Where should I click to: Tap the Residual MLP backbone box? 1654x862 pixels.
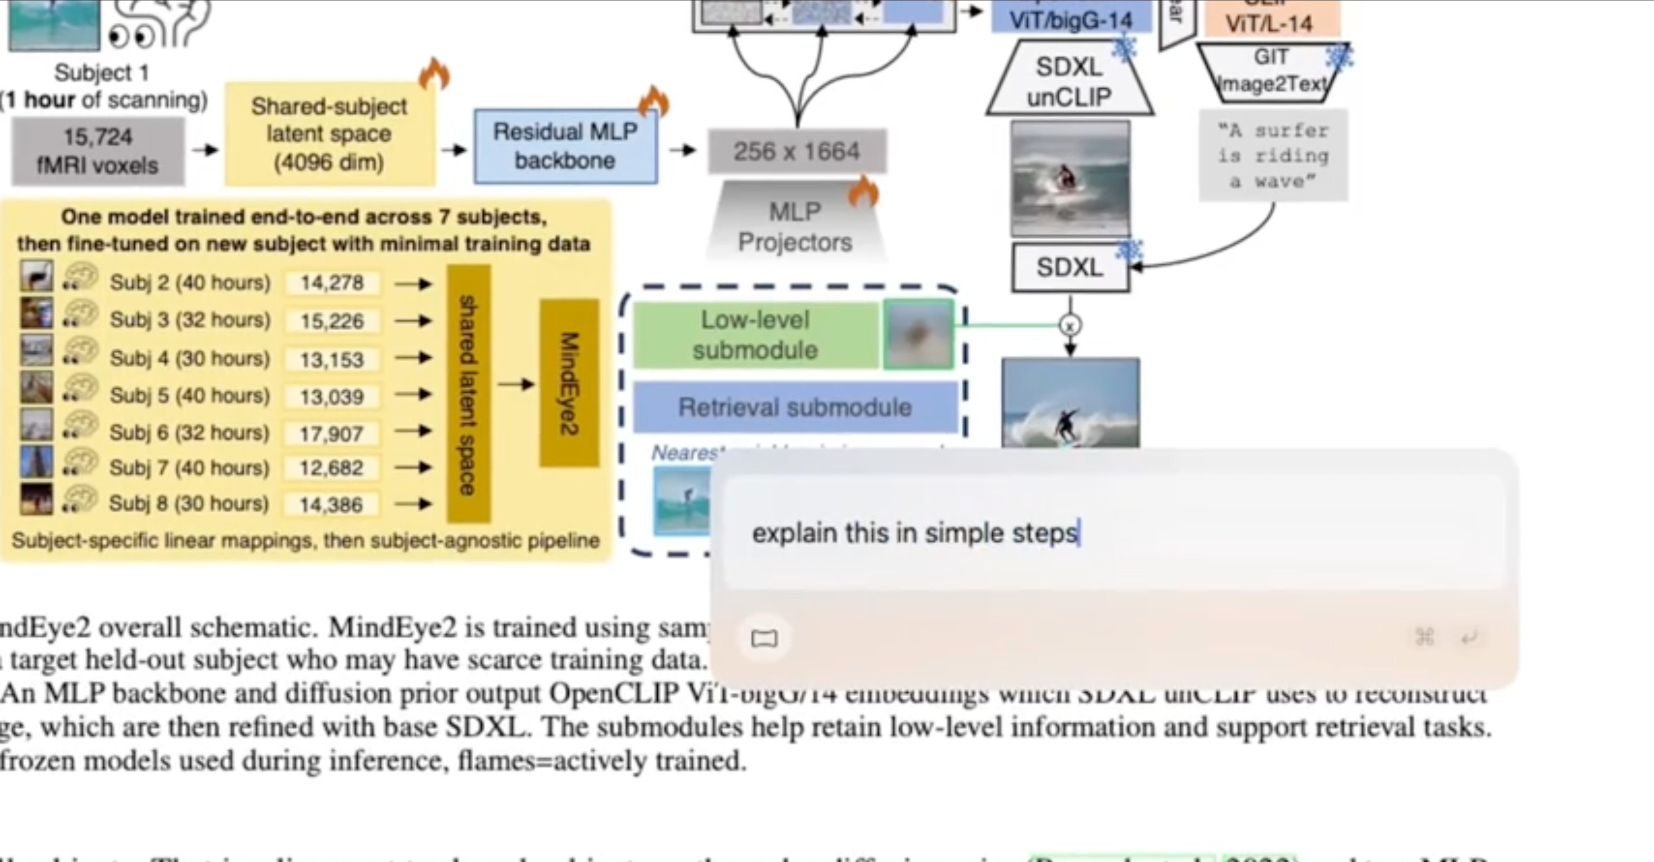pos(565,146)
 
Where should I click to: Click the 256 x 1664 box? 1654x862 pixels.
pos(796,152)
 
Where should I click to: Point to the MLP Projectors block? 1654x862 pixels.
pos(795,226)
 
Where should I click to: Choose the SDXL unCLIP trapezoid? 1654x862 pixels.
pos(1069,81)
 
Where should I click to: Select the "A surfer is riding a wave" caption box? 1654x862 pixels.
pos(1273,156)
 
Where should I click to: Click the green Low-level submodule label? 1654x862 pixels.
pos(755,335)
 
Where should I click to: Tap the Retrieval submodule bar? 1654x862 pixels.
pos(795,407)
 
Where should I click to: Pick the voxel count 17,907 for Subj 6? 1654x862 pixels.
pos(331,434)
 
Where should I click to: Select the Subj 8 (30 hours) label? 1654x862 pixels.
pos(189,504)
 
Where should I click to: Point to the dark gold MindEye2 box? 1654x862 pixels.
pos(569,383)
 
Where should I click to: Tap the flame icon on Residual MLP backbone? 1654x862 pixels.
pos(654,102)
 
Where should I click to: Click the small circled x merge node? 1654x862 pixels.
pos(1070,326)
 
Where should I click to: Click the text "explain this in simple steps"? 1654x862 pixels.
pos(914,533)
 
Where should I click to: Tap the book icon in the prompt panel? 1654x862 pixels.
pos(764,638)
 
